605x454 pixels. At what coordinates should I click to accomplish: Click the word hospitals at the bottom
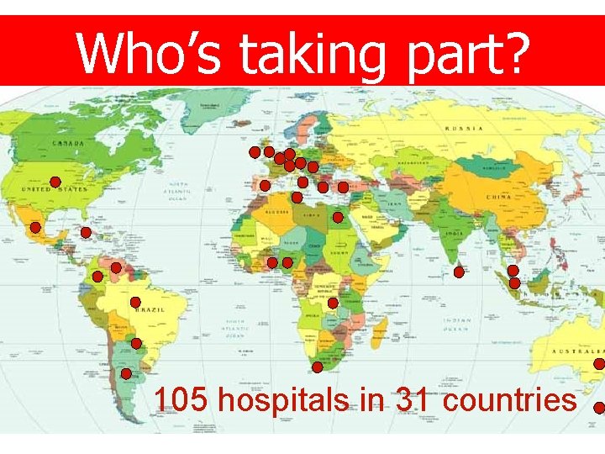pyautogui.click(x=282, y=399)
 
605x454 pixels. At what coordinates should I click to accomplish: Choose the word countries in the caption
pyautogui.click(x=509, y=399)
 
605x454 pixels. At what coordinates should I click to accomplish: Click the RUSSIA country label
pyautogui.click(x=464, y=129)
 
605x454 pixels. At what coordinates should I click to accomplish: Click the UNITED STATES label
pyautogui.click(x=55, y=190)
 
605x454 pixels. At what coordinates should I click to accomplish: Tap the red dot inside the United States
pyautogui.click(x=55, y=182)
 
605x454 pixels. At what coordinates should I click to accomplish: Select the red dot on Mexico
pyautogui.click(x=36, y=227)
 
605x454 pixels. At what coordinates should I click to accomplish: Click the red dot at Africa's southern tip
pyautogui.click(x=318, y=367)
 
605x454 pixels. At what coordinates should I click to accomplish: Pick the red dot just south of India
pyautogui.click(x=459, y=272)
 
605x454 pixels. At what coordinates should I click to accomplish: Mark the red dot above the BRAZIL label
pyautogui.click(x=135, y=301)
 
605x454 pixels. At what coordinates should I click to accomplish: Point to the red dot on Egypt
pyautogui.click(x=337, y=217)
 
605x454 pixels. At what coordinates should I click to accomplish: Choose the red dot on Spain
pyautogui.click(x=265, y=185)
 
